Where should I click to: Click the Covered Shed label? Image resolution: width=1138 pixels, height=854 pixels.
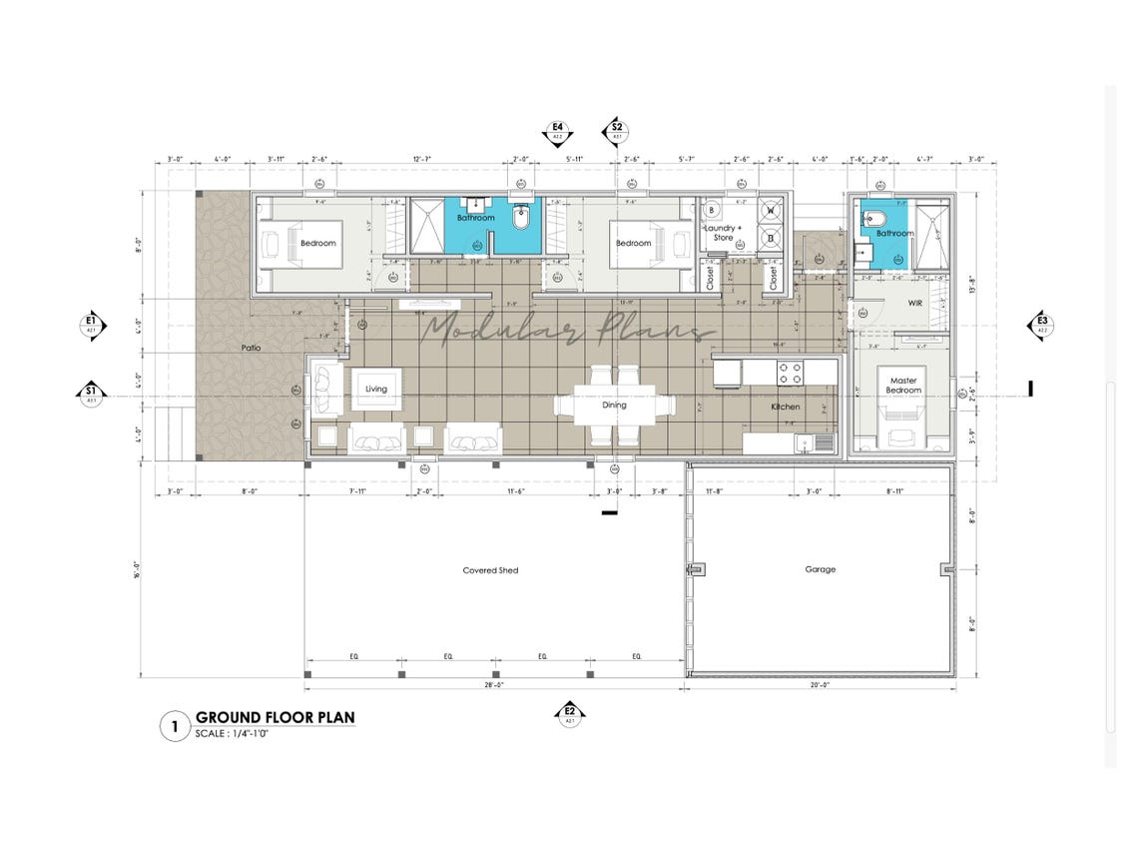pyautogui.click(x=490, y=570)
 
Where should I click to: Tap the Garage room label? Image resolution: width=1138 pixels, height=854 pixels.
pyautogui.click(x=821, y=569)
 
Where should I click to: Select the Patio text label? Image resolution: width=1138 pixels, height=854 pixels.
pyautogui.click(x=252, y=349)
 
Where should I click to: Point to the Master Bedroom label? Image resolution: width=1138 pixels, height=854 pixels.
pyautogui.click(x=902, y=386)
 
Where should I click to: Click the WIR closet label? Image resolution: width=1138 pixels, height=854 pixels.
pyautogui.click(x=913, y=302)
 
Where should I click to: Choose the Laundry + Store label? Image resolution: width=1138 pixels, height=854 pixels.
pyautogui.click(x=723, y=233)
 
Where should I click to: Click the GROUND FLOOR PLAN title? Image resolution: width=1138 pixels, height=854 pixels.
pyautogui.click(x=275, y=717)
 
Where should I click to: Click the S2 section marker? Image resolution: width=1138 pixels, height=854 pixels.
pyautogui.click(x=617, y=131)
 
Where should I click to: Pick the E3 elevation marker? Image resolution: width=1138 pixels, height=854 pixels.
pyautogui.click(x=1041, y=325)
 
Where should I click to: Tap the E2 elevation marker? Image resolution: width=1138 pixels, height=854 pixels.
pyautogui.click(x=571, y=713)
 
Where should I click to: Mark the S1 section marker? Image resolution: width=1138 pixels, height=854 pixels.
pyautogui.click(x=91, y=395)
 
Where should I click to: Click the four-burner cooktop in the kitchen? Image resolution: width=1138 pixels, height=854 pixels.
pyautogui.click(x=790, y=374)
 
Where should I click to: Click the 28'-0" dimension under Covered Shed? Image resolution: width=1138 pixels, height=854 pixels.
pyautogui.click(x=493, y=685)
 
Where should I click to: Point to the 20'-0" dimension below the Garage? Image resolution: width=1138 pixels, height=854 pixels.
pyautogui.click(x=821, y=685)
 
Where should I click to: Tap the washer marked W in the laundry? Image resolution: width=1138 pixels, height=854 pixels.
pyautogui.click(x=772, y=211)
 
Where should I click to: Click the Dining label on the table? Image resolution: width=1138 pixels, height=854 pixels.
pyautogui.click(x=614, y=406)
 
